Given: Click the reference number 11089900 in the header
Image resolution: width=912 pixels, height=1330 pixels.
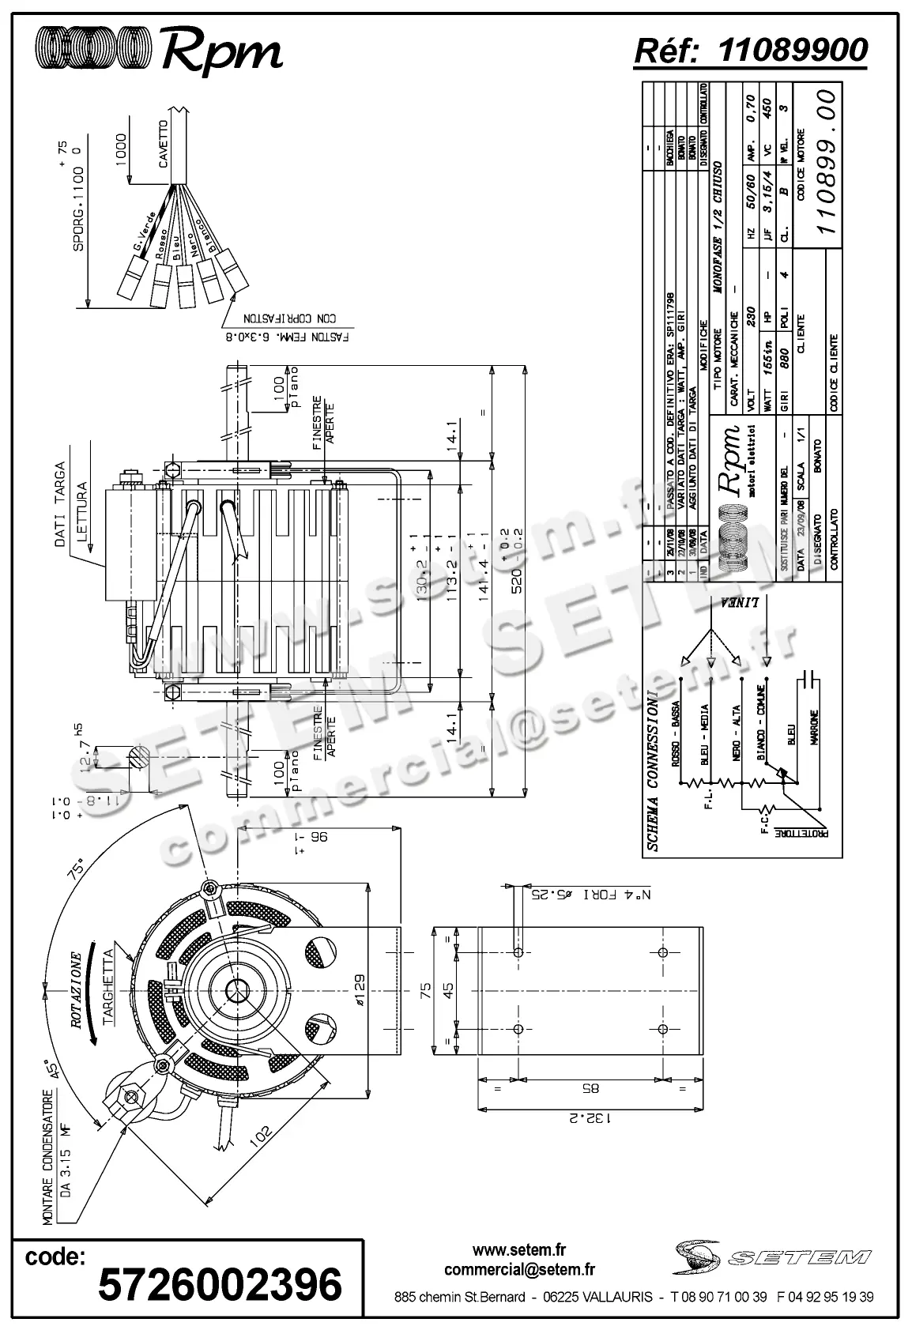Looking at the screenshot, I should (793, 50).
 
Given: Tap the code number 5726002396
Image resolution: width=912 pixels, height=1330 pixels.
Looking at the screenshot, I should (220, 1284).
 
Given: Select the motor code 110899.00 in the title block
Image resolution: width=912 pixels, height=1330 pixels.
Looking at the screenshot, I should (827, 161).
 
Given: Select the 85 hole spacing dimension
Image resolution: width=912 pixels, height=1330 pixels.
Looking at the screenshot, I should (590, 1088).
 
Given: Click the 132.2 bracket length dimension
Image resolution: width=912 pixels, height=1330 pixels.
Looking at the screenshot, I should (590, 1118).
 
